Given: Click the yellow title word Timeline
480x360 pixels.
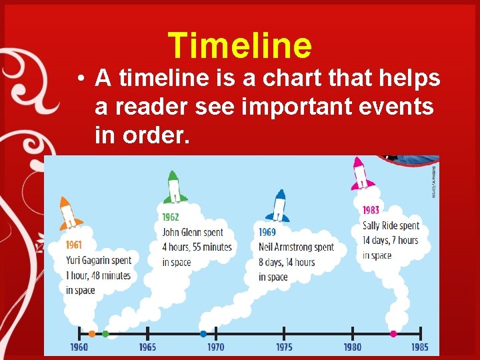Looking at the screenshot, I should [x=240, y=45].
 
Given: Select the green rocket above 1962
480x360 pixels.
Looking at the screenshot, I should [x=174, y=188].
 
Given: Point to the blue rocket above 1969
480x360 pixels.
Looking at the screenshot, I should [x=278, y=206].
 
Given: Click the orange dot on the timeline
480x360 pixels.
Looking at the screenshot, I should [x=92, y=333].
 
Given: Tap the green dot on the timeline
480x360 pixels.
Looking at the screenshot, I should [x=105, y=333].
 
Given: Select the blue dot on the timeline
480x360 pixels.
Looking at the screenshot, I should [x=203, y=333].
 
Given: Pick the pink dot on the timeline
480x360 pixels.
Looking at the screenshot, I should [x=393, y=333].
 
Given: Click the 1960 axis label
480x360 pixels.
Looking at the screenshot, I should [x=79, y=347].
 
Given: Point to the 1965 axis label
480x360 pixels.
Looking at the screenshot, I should [x=147, y=347].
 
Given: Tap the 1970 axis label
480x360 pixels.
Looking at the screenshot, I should [x=215, y=347].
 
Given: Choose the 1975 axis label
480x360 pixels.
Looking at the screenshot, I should [x=284, y=347].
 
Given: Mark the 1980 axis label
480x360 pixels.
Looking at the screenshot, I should [x=352, y=347].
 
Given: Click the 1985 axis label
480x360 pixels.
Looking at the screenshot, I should [x=420, y=347].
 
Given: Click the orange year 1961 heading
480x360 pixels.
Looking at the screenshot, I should [x=74, y=245].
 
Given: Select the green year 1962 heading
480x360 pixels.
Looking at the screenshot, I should [x=170, y=217].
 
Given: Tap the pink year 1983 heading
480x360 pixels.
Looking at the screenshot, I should [x=371, y=210].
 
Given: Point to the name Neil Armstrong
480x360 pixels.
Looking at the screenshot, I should [x=285, y=247].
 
